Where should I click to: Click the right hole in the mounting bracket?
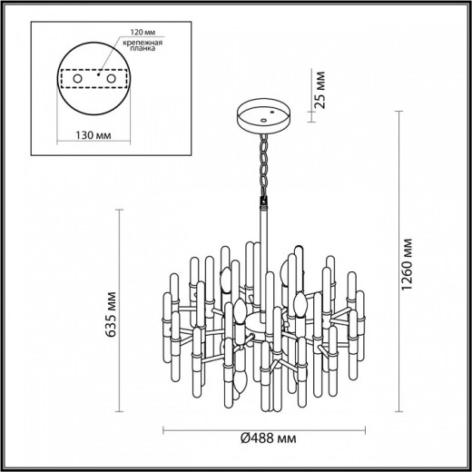[x=113, y=80]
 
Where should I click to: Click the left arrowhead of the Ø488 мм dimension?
[x=165, y=429]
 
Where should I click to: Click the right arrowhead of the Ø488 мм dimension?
[x=367, y=429]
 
